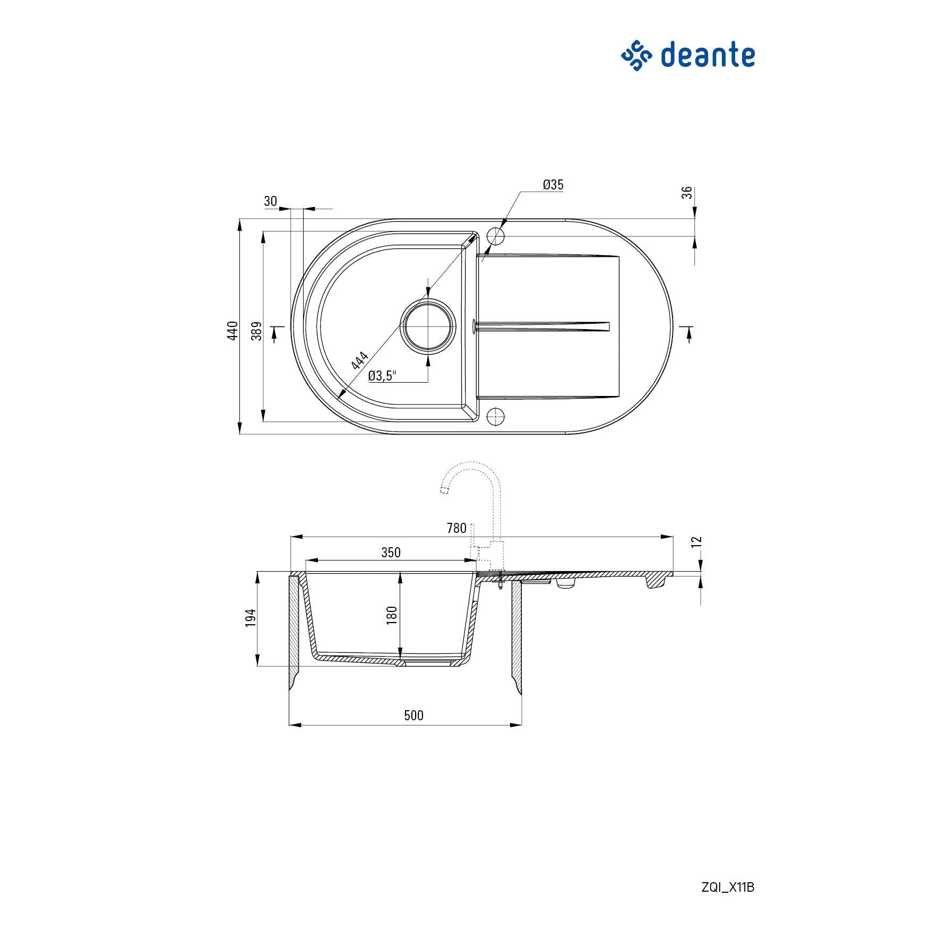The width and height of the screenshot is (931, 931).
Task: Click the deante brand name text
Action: click(x=708, y=55)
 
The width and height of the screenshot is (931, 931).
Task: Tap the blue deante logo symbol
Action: click(x=636, y=55)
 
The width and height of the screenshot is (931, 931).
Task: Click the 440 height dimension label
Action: click(x=232, y=331)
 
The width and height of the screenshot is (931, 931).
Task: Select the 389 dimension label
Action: click(x=257, y=331)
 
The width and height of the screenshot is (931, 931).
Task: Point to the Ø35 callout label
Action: click(x=553, y=185)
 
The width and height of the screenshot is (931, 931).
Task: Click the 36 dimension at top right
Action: click(x=687, y=193)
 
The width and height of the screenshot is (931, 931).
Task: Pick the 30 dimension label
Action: click(x=271, y=201)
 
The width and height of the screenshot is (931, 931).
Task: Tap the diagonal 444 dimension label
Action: click(x=360, y=360)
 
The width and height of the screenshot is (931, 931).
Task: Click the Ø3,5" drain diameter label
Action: click(x=382, y=376)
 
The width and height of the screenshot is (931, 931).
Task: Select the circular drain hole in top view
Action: click(x=428, y=326)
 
